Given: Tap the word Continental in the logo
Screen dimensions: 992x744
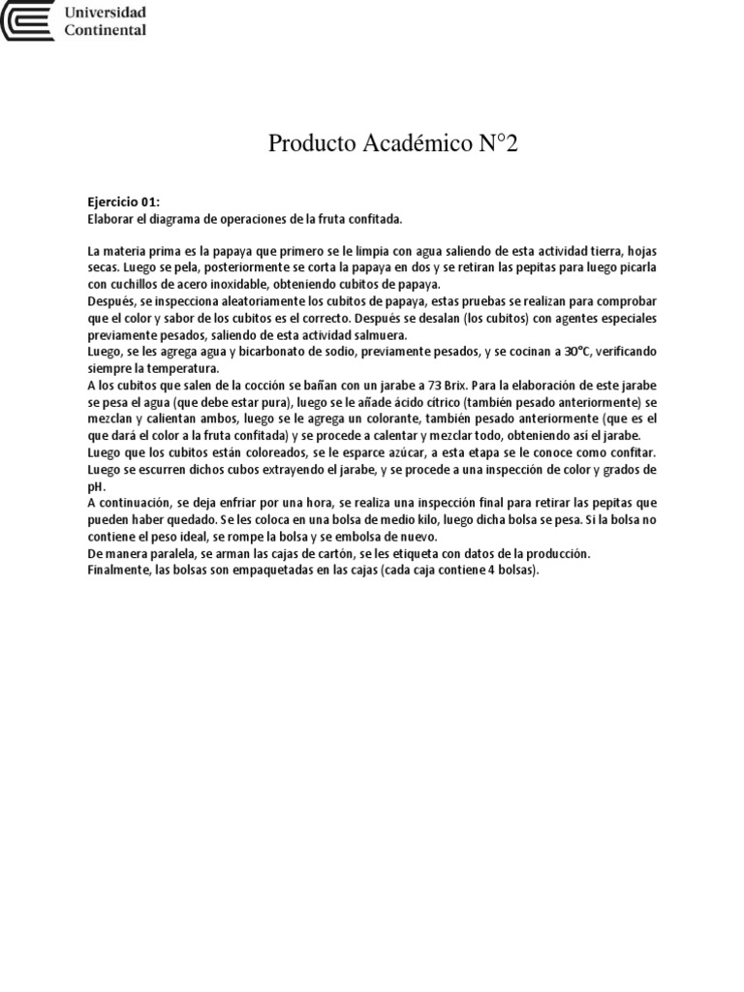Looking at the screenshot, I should coord(105,30).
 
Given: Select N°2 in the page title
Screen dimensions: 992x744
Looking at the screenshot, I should coord(498,144).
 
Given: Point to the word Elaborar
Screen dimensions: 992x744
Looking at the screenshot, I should coord(110,220).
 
